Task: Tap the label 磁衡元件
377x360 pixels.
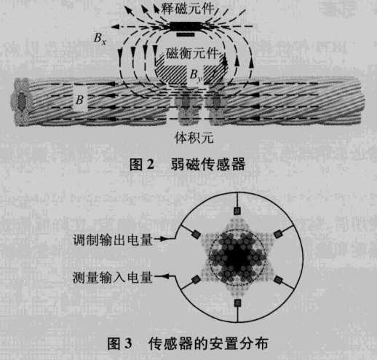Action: click(x=192, y=53)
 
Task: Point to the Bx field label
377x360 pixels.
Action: click(x=100, y=39)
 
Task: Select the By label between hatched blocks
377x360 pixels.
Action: click(x=197, y=76)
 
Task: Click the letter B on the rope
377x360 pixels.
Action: click(x=80, y=100)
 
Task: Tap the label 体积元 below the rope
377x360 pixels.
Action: click(x=194, y=138)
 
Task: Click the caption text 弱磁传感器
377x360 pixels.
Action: click(x=208, y=164)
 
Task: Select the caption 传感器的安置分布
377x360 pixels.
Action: click(x=208, y=343)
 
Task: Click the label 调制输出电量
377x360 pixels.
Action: click(x=113, y=240)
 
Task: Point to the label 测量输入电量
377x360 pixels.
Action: click(x=112, y=277)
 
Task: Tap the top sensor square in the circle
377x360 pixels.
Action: click(x=237, y=211)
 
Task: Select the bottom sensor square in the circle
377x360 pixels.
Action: click(x=237, y=303)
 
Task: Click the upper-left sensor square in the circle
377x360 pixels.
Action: click(x=196, y=235)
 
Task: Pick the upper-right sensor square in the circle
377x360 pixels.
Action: click(x=278, y=234)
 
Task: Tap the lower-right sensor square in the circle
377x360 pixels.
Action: click(x=278, y=280)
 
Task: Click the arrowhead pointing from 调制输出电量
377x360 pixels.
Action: click(x=164, y=239)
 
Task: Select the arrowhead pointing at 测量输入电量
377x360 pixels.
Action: click(x=166, y=276)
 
